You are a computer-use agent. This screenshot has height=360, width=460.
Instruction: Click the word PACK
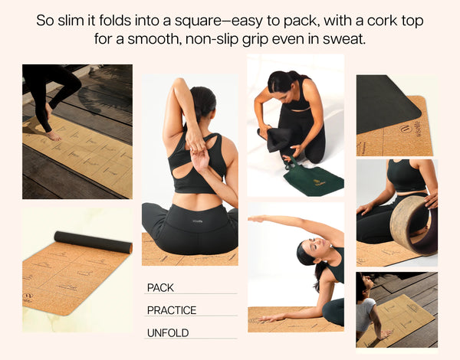(x=160, y=287)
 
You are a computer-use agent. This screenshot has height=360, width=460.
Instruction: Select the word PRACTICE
(x=172, y=310)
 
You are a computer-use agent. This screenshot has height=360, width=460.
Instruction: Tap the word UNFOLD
(x=168, y=333)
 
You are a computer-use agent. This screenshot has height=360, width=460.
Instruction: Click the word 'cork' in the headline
(x=383, y=21)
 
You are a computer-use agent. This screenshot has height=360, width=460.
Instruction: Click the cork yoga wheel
(x=414, y=225)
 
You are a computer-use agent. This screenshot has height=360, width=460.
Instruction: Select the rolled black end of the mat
(x=94, y=242)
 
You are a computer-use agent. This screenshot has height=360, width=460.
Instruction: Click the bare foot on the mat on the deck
(x=54, y=136)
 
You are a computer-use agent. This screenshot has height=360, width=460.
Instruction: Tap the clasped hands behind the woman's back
(x=197, y=152)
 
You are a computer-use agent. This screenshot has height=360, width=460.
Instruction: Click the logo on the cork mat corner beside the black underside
(x=404, y=129)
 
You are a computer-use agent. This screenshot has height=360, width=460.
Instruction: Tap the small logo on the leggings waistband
(x=198, y=221)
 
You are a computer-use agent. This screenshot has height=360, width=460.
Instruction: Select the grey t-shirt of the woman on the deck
(x=366, y=314)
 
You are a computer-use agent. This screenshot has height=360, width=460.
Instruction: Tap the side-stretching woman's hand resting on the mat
(x=269, y=319)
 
